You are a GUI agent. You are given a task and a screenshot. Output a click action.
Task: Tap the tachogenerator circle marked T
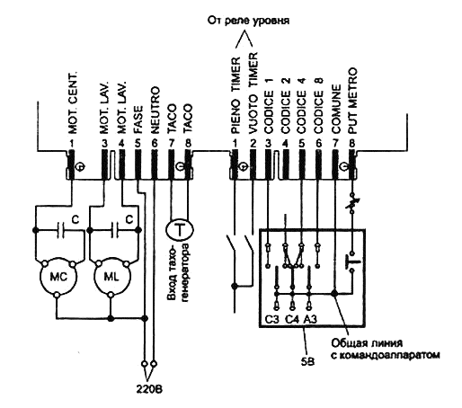180,230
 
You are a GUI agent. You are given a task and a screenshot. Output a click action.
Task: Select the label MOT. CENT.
73,102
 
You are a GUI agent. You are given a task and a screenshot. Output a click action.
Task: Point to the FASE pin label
138,120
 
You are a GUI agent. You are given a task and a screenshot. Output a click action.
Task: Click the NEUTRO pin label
155,110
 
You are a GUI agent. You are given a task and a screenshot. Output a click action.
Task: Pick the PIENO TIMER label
235,95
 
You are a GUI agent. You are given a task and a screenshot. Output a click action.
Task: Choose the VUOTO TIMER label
253,93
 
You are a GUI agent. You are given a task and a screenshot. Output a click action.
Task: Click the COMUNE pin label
336,109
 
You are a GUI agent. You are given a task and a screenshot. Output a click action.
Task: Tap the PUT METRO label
353,101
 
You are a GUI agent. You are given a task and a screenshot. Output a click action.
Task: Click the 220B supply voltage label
149,389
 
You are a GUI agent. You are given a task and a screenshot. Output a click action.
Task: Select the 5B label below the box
307,362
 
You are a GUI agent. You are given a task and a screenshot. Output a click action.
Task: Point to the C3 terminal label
271,320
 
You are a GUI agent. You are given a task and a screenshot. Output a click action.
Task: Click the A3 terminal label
310,320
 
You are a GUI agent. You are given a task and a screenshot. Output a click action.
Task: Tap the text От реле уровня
248,21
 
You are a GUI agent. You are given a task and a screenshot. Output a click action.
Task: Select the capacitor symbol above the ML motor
115,230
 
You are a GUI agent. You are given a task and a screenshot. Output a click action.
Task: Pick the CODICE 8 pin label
319,105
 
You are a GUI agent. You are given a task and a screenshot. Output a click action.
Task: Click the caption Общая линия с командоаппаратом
386,349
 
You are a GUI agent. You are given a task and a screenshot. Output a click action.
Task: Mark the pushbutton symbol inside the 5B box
352,262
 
